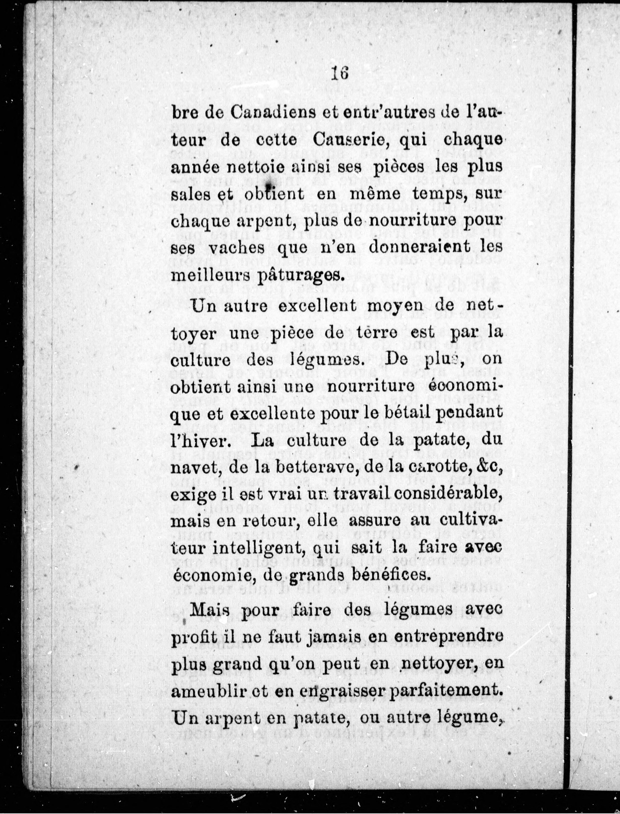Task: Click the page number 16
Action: (x=340, y=73)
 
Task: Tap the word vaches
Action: (x=237, y=248)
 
